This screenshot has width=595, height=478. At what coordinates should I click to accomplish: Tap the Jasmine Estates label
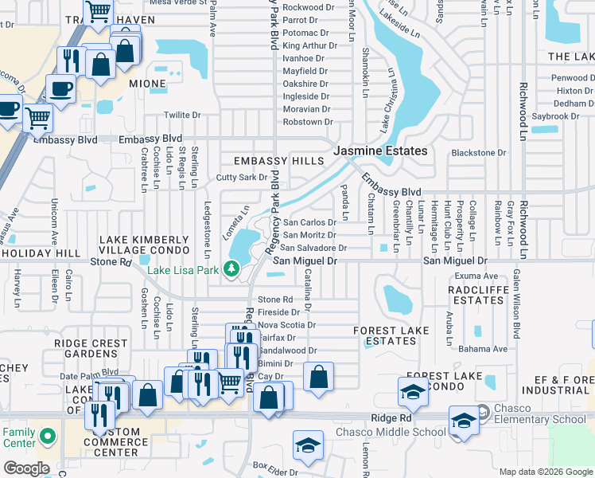(x=379, y=151)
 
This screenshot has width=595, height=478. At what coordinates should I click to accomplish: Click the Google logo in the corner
(x=25, y=468)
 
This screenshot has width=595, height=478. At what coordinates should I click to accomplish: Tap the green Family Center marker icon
(x=48, y=437)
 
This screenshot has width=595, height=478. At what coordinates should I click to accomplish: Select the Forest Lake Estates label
(x=391, y=335)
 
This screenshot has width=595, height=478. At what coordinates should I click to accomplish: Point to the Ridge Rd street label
(x=391, y=417)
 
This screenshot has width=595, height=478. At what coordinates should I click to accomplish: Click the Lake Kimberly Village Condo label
(x=143, y=245)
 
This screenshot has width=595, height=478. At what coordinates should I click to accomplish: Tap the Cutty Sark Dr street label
(x=241, y=178)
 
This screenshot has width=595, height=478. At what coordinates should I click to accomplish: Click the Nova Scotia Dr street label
(x=287, y=325)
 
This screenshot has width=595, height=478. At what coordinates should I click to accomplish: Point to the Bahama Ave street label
(x=487, y=349)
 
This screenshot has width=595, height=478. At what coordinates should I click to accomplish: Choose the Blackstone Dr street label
(x=478, y=152)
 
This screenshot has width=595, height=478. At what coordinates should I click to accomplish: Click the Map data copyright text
(x=546, y=472)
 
